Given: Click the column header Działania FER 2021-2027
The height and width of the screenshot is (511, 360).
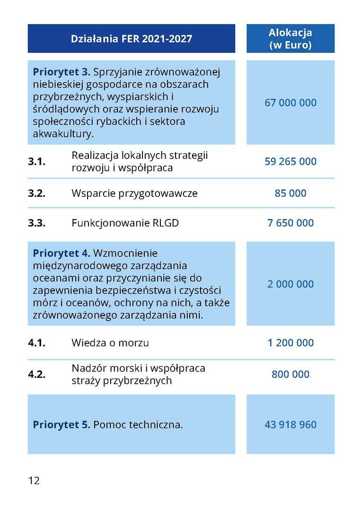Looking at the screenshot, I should (x=132, y=39).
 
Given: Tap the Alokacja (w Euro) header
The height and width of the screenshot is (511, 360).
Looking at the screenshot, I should (x=290, y=39).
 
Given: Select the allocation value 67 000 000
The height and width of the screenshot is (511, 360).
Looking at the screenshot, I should (x=290, y=103).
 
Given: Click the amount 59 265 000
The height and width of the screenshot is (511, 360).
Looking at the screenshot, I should (x=290, y=161).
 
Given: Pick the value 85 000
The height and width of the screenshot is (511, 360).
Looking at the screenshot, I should (x=290, y=193).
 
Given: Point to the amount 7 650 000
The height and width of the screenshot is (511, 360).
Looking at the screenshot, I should (x=290, y=223).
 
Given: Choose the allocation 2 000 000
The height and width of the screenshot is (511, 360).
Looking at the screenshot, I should (x=290, y=284).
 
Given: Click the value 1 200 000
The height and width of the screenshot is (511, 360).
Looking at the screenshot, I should (x=290, y=343).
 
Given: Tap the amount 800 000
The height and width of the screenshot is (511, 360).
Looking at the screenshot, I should (x=290, y=374).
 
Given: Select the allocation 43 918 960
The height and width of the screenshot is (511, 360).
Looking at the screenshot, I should (x=290, y=424).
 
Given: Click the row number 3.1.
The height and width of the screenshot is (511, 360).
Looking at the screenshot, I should (x=36, y=161).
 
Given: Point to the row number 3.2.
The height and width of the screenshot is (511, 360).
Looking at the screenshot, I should (x=36, y=193).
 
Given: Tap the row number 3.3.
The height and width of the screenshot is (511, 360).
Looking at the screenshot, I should (x=36, y=223).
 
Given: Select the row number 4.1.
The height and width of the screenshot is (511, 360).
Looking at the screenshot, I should (x=36, y=343).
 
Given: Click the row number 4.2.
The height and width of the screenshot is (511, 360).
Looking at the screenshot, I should (x=36, y=374).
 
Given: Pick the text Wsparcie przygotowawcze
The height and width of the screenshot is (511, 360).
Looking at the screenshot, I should (x=134, y=193).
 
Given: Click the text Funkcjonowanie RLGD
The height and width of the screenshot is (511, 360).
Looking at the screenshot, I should (x=125, y=223).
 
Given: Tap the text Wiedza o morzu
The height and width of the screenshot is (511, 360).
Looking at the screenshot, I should (x=110, y=343).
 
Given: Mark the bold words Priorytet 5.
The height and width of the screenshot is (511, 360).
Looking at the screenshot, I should (x=61, y=424).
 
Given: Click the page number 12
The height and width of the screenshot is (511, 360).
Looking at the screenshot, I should (x=34, y=481).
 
